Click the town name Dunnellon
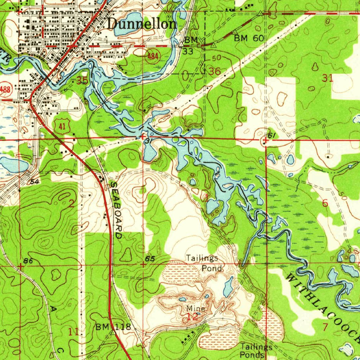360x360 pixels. [x=142, y=24]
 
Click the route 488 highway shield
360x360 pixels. [x=5, y=89]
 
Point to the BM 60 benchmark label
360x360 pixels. [x=249, y=38]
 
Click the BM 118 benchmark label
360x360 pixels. [x=113, y=327]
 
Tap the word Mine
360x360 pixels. [x=195, y=308]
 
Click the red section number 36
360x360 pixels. [x=215, y=71]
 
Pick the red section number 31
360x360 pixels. [x=327, y=78]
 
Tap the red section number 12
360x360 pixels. [x=193, y=316]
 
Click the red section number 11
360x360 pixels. [x=73, y=331]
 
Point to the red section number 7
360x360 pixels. [x=325, y=327]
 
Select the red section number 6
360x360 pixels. [x=325, y=203]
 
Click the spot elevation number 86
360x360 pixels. [x=28, y=261]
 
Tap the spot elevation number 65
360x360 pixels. [x=150, y=259]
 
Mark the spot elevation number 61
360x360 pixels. [x=271, y=136]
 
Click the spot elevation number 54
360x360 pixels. [x=34, y=181]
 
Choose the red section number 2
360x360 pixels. [x=71, y=203]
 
